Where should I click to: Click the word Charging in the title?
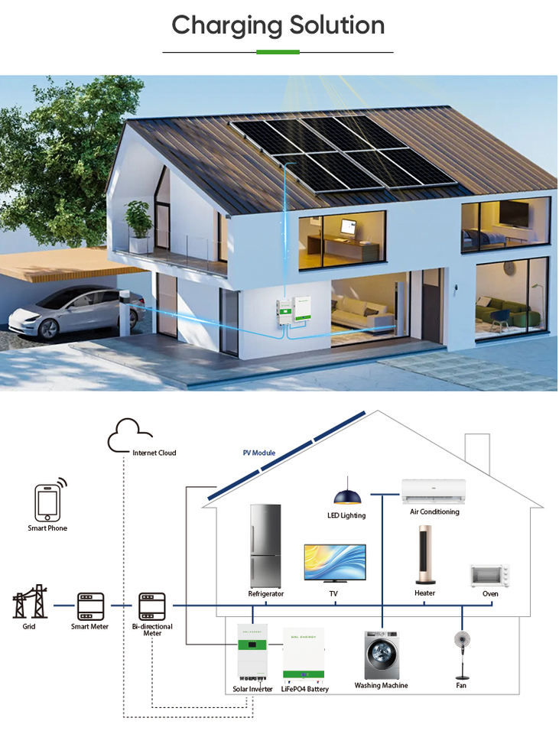[x=222, y=26]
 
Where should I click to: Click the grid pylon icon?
[x=30, y=602]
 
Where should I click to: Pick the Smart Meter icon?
[x=90, y=605]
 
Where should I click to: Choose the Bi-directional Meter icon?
[x=151, y=606]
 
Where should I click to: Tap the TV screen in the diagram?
[x=334, y=564]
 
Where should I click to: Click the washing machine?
[x=380, y=654]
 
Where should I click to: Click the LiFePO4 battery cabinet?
[x=304, y=654]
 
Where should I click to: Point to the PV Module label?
[x=258, y=453]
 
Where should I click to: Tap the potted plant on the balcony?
[x=138, y=222]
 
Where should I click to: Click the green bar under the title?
[x=278, y=52]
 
